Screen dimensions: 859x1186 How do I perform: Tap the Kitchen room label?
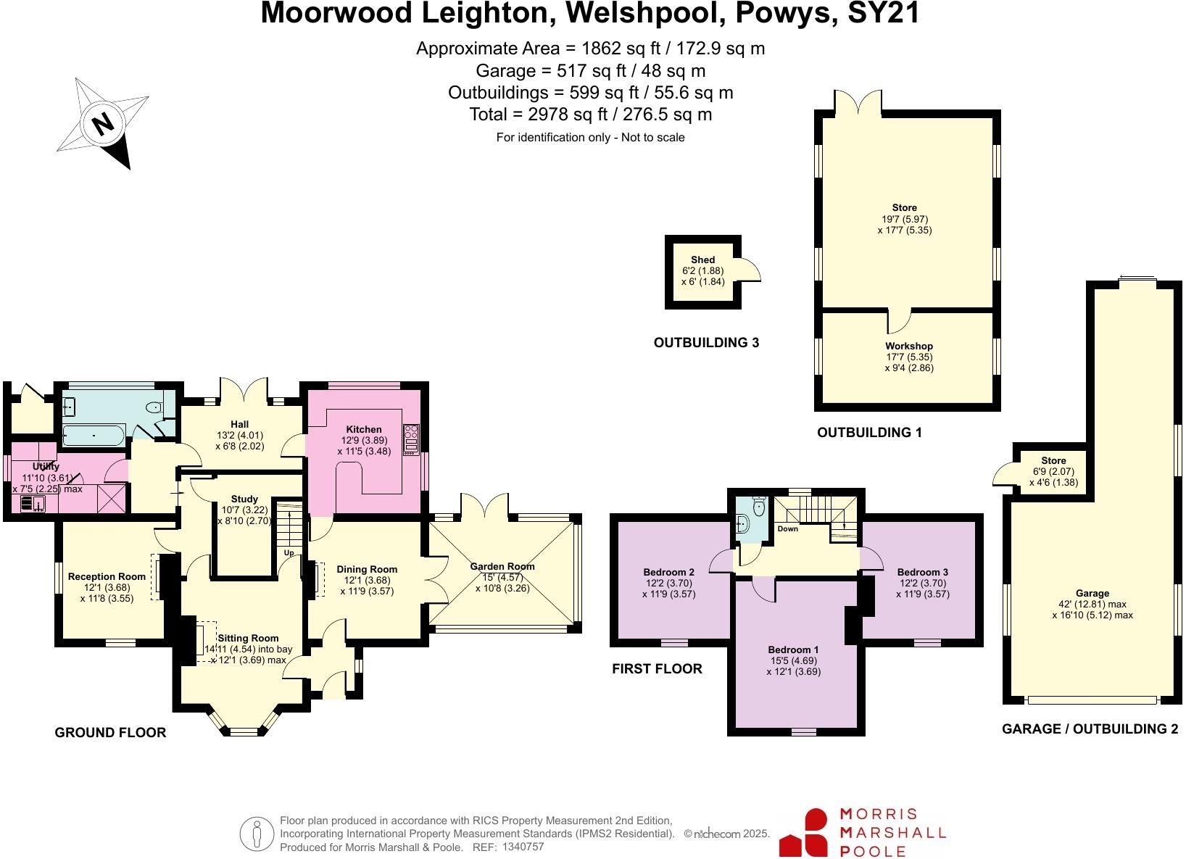(363, 430)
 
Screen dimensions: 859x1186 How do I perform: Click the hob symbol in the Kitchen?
(412, 439)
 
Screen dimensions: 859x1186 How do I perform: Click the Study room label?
(244, 499)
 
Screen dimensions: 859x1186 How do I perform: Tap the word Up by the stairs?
(289, 552)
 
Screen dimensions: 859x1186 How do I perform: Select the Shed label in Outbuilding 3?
(702, 260)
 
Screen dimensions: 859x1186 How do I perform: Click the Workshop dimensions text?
(909, 362)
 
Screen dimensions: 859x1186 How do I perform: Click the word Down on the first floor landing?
(787, 528)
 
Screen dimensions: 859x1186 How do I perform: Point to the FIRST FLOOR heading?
(657, 668)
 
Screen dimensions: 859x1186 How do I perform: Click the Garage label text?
(1092, 593)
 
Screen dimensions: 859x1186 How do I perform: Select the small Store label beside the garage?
(1053, 460)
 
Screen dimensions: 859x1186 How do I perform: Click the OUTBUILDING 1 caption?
(869, 433)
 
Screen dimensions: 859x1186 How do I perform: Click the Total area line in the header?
(590, 115)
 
